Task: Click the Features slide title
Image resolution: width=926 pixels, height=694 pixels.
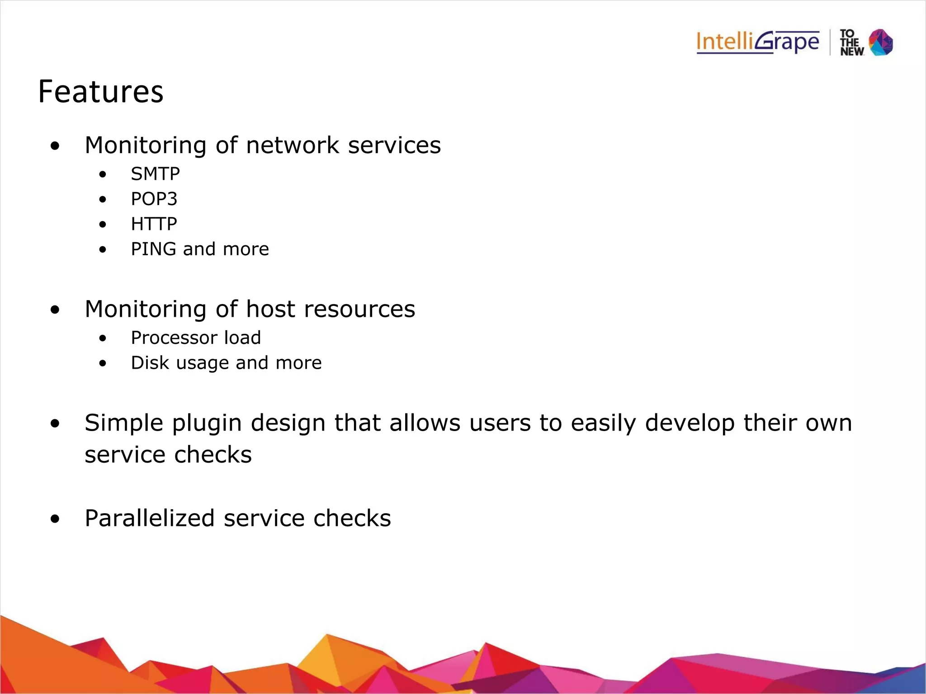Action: pos(100,92)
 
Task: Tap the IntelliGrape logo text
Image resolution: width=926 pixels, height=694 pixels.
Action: pos(757,42)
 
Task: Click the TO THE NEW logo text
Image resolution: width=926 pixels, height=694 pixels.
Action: pos(851,43)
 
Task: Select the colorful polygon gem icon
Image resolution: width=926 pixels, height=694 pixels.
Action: pos(881,42)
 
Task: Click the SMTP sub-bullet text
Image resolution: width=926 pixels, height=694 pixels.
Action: pos(155,174)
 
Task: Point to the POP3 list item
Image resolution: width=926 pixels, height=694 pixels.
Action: pos(154,199)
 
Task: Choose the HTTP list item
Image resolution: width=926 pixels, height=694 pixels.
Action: pos(154,224)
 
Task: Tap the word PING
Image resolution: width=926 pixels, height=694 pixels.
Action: pos(154,249)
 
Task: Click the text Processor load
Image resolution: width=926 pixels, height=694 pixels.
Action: pos(196,338)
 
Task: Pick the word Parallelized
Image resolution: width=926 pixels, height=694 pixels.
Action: pos(149,518)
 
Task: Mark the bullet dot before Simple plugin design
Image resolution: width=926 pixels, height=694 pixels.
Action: pos(55,424)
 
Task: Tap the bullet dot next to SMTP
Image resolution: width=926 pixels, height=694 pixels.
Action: pos(103,174)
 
